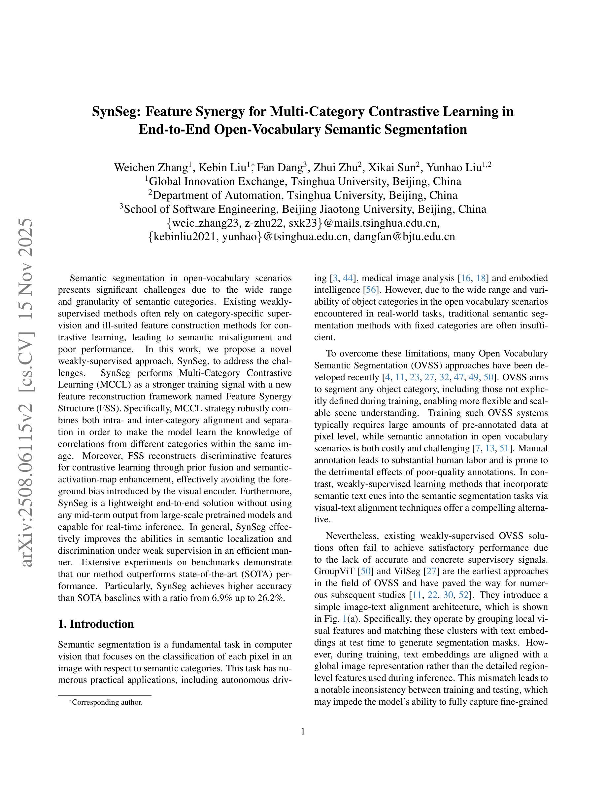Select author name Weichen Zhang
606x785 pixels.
151,168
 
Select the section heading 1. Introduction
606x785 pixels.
96,624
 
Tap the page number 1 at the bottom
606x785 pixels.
303,731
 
